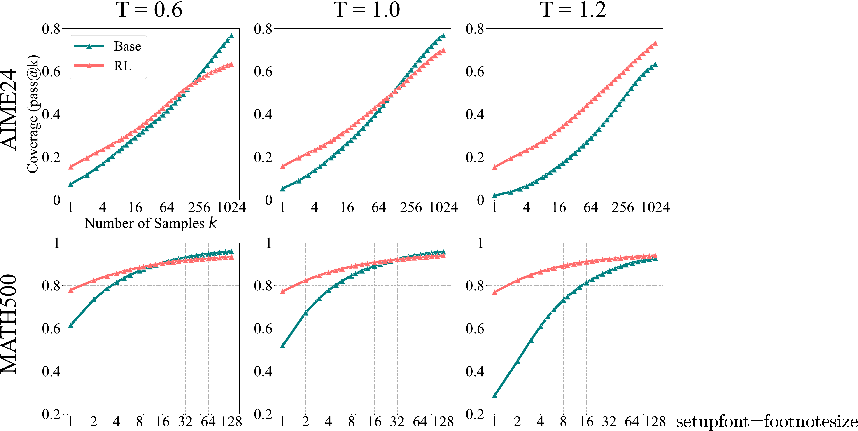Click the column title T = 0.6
(x=149, y=10)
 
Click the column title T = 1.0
(x=366, y=10)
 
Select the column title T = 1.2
(x=573, y=10)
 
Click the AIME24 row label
(x=9, y=110)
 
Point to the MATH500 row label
(x=9, y=323)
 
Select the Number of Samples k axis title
(x=151, y=223)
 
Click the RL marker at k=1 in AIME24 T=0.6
(x=71, y=167)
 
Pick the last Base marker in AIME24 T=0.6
(x=231, y=36)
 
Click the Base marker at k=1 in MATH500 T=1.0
(x=283, y=346)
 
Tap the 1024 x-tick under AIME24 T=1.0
(x=443, y=207)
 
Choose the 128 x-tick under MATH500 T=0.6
(x=231, y=422)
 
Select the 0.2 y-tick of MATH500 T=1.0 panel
(x=263, y=414)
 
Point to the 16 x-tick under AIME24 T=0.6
(x=135, y=207)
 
